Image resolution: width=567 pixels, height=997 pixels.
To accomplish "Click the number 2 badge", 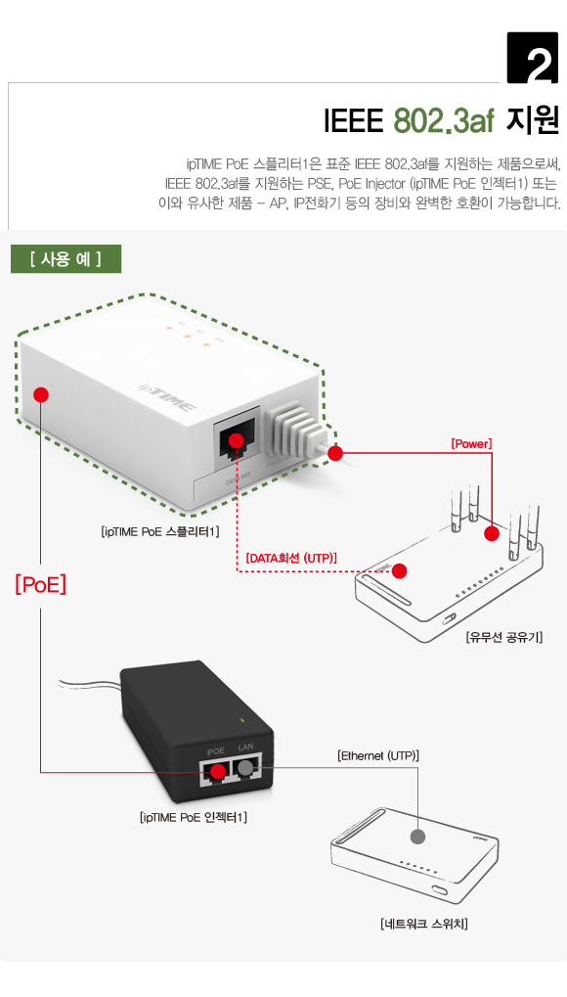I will [x=533, y=59].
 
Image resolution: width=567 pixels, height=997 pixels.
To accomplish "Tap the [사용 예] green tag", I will [x=65, y=259].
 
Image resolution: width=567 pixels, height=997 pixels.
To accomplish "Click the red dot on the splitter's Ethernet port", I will [x=236, y=440].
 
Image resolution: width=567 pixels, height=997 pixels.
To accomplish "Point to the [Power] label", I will [x=470, y=443].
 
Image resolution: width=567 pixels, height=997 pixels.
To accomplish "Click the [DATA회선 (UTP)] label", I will [x=291, y=558].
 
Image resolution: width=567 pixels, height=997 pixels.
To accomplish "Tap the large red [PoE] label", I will [x=40, y=584].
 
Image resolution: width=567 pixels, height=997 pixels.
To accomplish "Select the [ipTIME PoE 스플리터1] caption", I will [x=160, y=531].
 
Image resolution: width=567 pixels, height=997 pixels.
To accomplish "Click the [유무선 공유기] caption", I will [x=503, y=637].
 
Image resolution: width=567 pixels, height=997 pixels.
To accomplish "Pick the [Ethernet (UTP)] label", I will [x=378, y=755].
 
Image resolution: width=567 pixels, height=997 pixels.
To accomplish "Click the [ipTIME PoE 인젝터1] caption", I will [x=194, y=817].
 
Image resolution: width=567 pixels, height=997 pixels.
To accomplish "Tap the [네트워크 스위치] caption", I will [x=424, y=923].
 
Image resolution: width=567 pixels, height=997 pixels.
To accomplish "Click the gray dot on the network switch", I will [x=418, y=837].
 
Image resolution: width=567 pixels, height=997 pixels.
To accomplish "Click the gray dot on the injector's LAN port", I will [x=245, y=769].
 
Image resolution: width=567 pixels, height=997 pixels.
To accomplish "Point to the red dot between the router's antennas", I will [x=492, y=533].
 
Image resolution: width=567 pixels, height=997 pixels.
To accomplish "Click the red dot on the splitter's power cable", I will [x=335, y=453].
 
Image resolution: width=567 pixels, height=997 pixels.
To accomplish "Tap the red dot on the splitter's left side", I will [x=40, y=394].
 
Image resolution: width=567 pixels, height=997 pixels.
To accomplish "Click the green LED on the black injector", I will [x=241, y=721].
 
